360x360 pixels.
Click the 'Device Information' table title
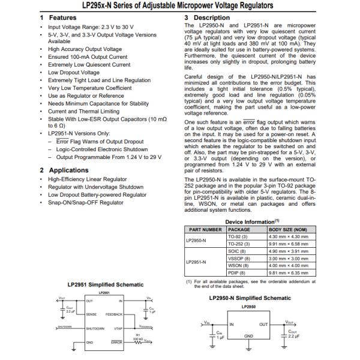(250, 221)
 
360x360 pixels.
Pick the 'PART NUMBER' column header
(206, 229)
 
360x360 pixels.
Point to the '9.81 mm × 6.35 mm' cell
(292, 272)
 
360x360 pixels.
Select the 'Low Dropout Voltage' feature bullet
(74, 72)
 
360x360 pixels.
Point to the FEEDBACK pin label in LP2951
(114, 314)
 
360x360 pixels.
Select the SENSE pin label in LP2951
(91, 314)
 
